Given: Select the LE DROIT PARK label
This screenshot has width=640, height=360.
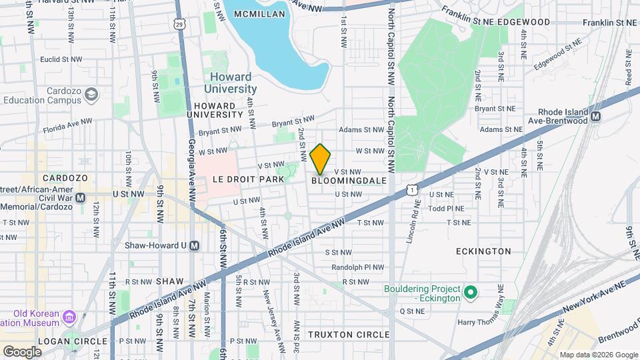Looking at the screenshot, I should click(243, 180).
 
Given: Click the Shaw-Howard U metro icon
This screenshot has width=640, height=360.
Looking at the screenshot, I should click(194, 245).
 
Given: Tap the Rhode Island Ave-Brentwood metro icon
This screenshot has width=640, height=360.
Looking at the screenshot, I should click(595, 116).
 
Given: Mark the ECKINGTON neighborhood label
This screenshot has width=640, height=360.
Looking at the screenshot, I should click(483, 251).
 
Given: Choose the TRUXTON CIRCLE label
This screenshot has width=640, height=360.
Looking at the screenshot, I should click(348, 333).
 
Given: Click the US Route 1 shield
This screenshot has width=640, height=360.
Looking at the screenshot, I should click(413, 190).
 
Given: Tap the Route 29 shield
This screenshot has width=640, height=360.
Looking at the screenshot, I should click(179, 24).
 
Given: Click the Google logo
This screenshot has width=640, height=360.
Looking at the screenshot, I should click(22, 351).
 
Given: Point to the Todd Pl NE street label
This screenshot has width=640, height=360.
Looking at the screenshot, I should click(446, 208).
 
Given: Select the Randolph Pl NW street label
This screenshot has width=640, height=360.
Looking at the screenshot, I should click(358, 267).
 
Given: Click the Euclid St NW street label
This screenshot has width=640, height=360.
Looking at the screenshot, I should click(61, 59).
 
